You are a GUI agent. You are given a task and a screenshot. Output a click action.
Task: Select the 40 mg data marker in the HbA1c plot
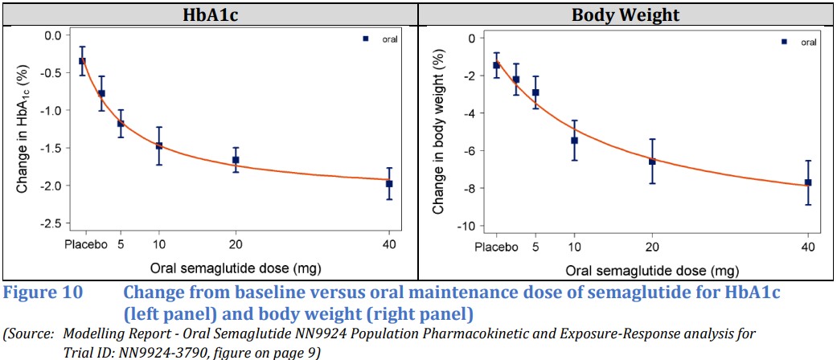point(389,184)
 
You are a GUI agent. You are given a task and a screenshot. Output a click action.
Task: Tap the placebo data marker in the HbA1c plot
point(82,61)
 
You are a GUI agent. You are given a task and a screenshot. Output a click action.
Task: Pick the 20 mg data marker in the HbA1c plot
point(236,160)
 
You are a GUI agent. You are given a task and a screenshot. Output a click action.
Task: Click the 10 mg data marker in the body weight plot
point(574,141)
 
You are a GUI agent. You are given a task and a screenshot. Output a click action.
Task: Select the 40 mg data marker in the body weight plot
point(808,182)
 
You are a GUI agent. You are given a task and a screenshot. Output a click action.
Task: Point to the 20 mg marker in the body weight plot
point(652,162)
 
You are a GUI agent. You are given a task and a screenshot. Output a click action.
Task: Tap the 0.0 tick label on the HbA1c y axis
point(53,36)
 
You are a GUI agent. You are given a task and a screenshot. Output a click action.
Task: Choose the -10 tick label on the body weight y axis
point(464,226)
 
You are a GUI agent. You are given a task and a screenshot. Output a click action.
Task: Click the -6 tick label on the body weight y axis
point(467,151)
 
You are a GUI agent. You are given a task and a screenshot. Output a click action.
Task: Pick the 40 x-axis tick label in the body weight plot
point(807,247)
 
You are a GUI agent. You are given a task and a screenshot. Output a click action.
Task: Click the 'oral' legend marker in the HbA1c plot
point(365,39)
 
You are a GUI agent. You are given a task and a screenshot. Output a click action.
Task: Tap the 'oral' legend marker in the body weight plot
point(784,42)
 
